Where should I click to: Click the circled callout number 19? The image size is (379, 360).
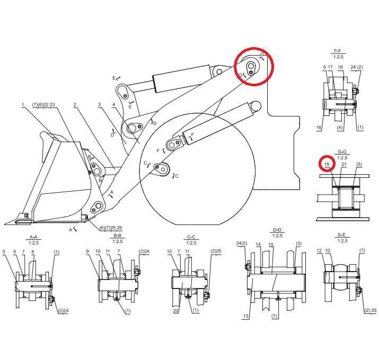coord(327,164)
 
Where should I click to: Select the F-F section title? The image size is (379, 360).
coord(338,51)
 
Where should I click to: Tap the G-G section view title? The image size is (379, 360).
coord(342,151)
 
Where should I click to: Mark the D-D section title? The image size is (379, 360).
coord(277,230)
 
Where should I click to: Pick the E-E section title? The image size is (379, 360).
coord(342,235)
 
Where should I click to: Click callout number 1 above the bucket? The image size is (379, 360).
coord(23,105)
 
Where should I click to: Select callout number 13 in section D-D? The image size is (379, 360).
coord(246,316)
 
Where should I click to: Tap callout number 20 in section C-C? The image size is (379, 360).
coord(176,311)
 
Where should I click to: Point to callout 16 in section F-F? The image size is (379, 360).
coord(319,128)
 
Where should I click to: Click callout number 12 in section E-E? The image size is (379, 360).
coord(319,250)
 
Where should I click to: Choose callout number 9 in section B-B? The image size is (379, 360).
coord(87,251)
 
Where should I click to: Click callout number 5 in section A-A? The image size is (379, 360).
coord(4,252)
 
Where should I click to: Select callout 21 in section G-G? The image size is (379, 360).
coord(344,164)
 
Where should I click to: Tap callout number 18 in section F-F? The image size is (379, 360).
coord(340,67)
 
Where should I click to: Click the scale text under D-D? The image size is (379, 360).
coord(277,236)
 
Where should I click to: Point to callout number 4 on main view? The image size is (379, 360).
coord(113,105)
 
